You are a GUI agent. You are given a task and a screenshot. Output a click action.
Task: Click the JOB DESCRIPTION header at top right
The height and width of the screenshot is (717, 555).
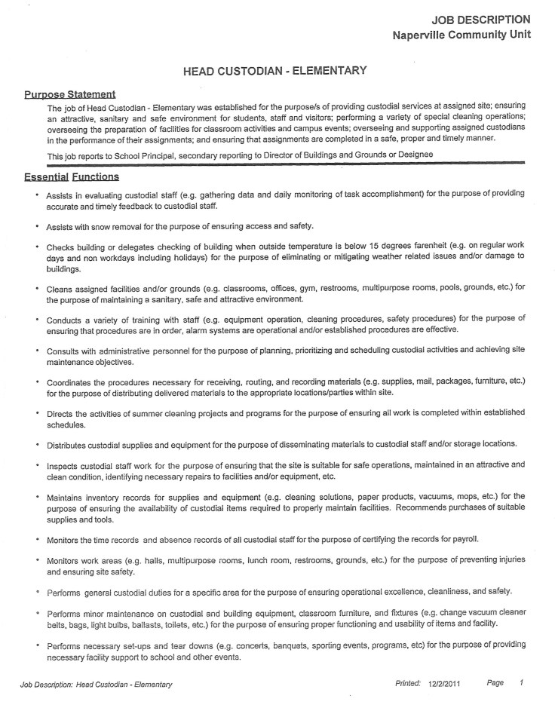[480, 20]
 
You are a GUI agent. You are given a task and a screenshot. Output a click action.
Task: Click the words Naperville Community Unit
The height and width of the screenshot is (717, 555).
[461, 35]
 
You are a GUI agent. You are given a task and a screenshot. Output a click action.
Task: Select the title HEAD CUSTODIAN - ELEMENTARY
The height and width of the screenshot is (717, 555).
[275, 71]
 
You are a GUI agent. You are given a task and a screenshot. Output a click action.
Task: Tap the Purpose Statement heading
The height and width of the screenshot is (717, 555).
[70, 94]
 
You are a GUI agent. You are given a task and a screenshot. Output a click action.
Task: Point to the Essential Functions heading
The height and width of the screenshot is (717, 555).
[72, 176]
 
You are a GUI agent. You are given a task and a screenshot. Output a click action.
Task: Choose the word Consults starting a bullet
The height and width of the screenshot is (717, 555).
[66, 351]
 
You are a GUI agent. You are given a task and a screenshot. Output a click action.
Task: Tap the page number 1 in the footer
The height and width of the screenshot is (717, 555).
[521, 683]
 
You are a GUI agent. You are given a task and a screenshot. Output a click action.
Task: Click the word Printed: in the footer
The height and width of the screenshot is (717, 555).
[408, 684]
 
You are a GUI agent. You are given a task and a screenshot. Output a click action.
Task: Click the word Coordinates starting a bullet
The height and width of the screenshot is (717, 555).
[74, 383]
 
